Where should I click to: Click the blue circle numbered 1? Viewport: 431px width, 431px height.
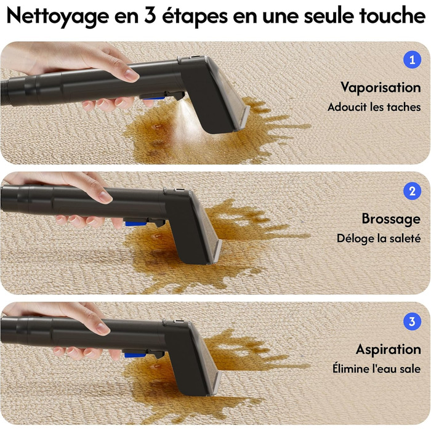[x=412, y=60]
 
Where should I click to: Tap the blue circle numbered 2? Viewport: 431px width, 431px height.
[x=412, y=191]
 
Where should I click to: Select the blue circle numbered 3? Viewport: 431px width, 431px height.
[x=412, y=321]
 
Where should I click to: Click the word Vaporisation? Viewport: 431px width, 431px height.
[x=381, y=87]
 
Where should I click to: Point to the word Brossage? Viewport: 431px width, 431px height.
[x=391, y=219]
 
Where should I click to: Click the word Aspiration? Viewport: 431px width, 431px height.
[x=389, y=350]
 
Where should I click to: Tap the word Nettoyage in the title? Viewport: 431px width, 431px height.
[x=58, y=17]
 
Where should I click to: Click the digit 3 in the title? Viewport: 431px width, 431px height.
[x=150, y=16]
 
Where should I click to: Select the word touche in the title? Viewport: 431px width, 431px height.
[x=392, y=15]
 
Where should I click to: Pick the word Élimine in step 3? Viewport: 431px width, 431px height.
[x=348, y=368]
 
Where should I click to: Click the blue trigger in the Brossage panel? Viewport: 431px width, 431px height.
[x=135, y=223]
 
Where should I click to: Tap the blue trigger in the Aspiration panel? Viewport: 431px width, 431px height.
[x=135, y=355]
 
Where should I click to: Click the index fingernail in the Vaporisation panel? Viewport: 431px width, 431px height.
[x=131, y=75]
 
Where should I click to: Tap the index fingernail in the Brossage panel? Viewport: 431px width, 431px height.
[x=105, y=196]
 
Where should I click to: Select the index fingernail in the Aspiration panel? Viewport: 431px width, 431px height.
[x=102, y=328]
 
